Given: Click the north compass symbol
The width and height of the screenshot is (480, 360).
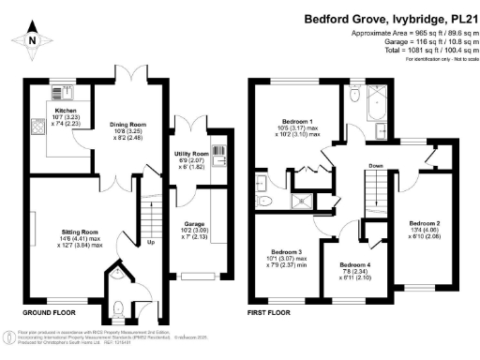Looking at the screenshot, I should pyautogui.click(x=31, y=39).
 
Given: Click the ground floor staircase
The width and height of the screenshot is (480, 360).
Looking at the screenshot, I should pyautogui.click(x=145, y=220).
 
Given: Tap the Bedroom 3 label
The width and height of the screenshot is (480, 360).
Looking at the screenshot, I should pyautogui.click(x=288, y=252).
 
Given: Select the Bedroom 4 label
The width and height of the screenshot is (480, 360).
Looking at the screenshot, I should pyautogui.click(x=355, y=265).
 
